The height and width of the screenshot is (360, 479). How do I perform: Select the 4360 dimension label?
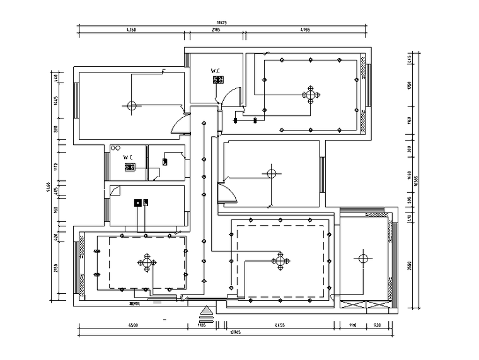131,30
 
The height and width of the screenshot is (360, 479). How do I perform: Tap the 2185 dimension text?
215,30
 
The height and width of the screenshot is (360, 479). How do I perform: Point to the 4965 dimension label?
305,30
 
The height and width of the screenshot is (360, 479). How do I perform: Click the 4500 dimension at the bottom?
133,326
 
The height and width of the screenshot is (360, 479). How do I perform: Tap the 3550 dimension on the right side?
409,265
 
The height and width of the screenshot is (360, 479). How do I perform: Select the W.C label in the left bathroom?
127,157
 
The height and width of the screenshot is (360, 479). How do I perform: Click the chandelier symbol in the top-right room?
309,95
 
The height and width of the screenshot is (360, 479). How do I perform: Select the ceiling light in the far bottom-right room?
362,257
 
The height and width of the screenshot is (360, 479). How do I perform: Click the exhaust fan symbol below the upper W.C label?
218,80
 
